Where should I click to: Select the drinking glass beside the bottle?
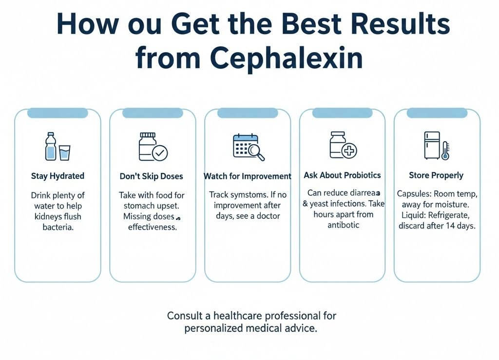tap(64, 152)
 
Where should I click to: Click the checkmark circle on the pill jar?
tap(160, 153)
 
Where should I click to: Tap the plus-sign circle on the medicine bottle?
tap(349, 151)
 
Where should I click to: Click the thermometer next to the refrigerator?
tap(445, 151)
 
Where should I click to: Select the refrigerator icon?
tap(432, 145)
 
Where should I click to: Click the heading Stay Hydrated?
tap(58, 176)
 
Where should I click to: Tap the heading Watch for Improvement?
tap(247, 176)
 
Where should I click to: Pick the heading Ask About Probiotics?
tap(342, 175)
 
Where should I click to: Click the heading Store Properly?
tap(436, 175)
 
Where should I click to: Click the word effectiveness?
tap(153, 227)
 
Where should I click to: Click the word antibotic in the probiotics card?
tap(343, 225)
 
